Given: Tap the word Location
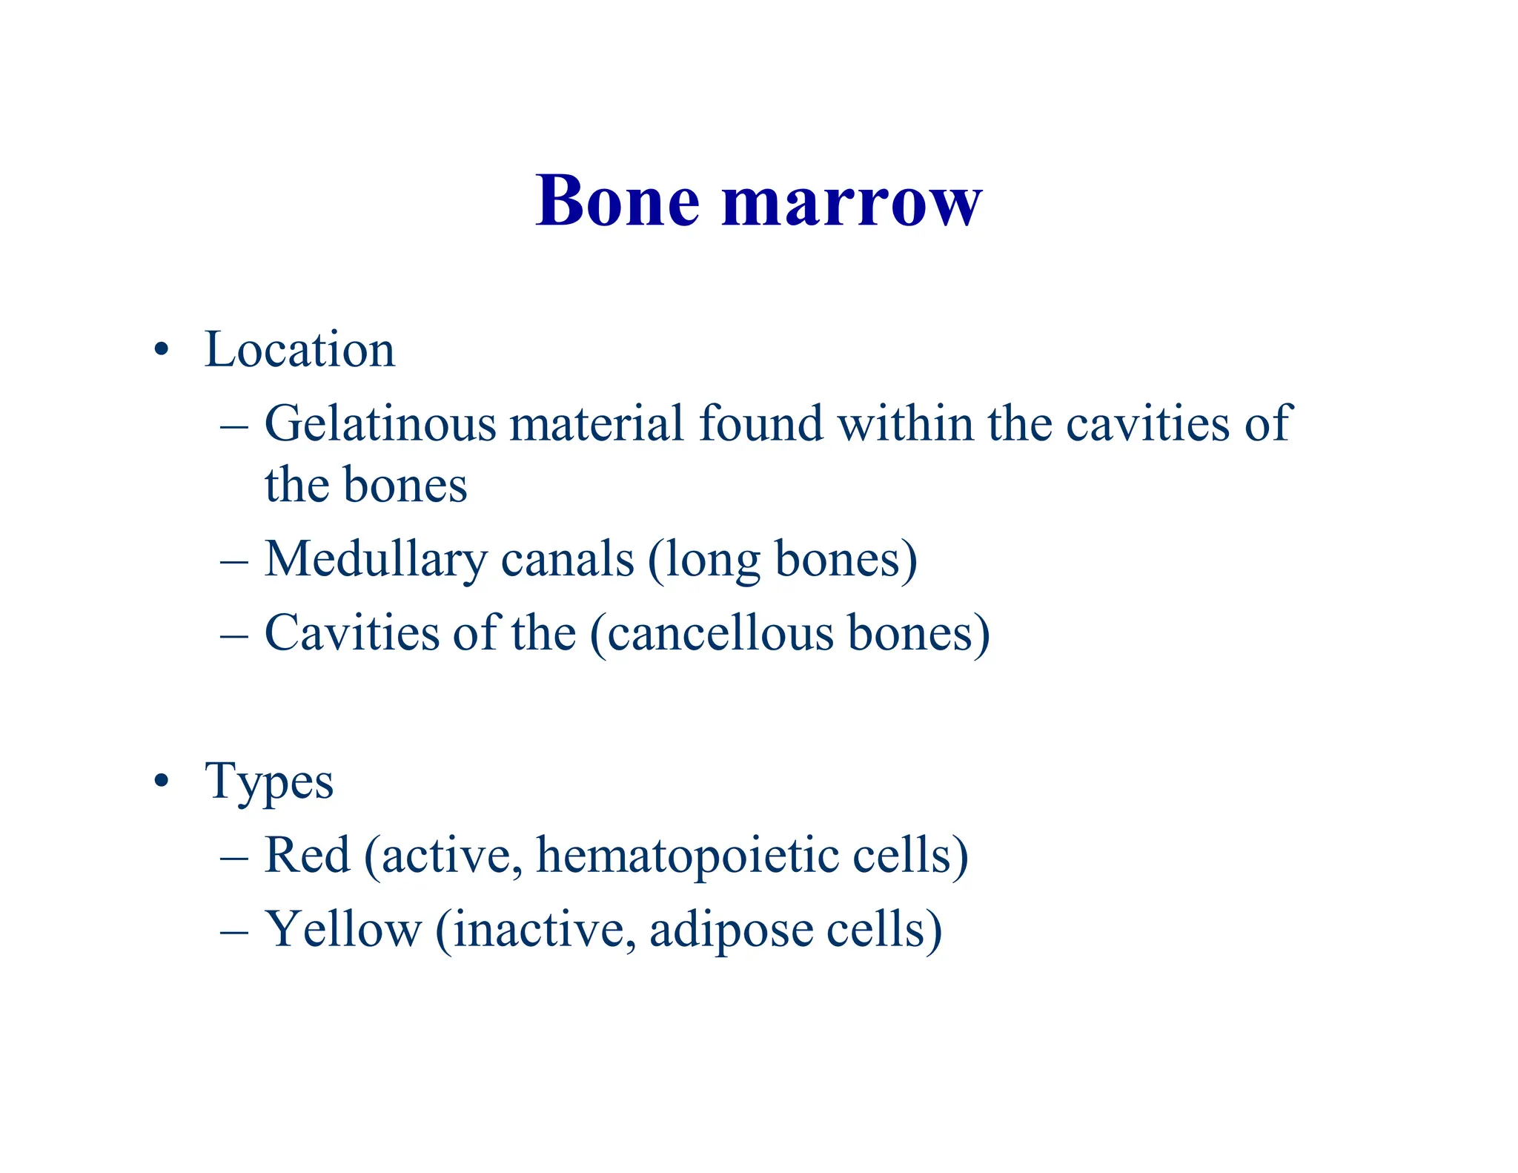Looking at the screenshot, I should click(x=299, y=349).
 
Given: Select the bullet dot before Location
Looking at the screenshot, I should click(x=162, y=350).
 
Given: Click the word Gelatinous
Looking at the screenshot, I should click(x=380, y=424).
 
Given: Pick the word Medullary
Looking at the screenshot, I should click(x=376, y=561).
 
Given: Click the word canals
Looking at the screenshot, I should click(x=568, y=559).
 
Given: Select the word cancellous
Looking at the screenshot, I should click(x=720, y=635).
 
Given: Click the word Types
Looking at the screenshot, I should click(x=270, y=783).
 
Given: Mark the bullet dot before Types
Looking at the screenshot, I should click(x=162, y=782).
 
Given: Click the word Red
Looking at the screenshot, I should click(x=307, y=856).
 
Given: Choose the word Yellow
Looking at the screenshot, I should click(x=343, y=930).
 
